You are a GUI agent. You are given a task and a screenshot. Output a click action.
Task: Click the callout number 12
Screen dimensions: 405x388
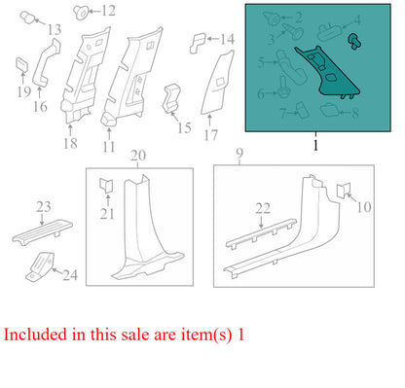pos(108,11)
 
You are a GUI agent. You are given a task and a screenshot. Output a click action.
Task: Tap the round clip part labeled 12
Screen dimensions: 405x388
pos(81,13)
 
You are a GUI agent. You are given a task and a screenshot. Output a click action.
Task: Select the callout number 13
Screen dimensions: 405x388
pos(55,30)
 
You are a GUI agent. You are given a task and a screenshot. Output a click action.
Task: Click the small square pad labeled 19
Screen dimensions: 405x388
pos(22,64)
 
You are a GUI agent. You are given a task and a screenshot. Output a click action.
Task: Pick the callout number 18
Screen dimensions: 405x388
pos(70,143)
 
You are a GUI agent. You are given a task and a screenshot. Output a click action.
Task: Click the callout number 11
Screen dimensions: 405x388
pos(109,147)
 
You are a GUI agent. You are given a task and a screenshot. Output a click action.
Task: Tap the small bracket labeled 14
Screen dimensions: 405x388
pos(198,42)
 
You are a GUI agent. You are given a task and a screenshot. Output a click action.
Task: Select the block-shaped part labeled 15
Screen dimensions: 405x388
pos(171,98)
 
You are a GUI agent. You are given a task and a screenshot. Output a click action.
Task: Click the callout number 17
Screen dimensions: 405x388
pos(210,135)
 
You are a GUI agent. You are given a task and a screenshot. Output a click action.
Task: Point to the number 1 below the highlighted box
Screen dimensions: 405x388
pos(315,145)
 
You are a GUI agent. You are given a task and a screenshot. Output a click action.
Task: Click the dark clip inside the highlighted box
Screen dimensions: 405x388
pos(354,41)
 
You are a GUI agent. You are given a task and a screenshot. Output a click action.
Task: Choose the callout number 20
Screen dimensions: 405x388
pos(138,156)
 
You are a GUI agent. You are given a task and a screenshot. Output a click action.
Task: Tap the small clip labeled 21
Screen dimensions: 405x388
pos(106,185)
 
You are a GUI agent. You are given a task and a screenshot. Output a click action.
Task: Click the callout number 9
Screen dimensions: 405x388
pos(239,154)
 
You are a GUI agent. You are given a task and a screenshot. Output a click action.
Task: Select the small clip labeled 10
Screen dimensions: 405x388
pos(343,191)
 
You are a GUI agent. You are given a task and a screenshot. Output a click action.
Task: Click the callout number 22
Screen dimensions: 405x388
pos(263,208)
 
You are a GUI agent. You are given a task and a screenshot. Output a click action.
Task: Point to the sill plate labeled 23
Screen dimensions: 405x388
pos(42,230)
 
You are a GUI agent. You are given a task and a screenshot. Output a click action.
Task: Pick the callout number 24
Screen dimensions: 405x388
pos(70,275)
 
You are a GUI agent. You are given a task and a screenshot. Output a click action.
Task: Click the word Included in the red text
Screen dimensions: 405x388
pos(35,335)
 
